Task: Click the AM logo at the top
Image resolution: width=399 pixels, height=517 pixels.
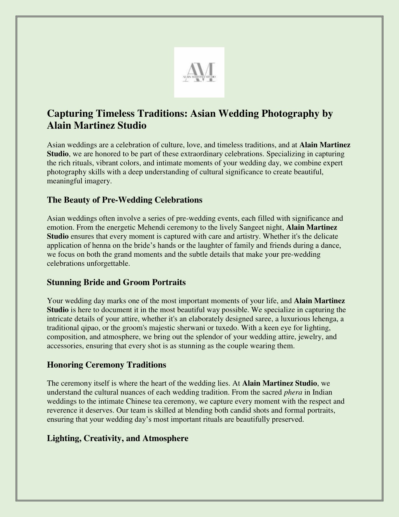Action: click(x=199, y=72)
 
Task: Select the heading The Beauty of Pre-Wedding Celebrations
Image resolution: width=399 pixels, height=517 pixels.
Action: click(x=125, y=200)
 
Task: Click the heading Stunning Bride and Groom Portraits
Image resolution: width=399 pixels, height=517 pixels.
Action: click(x=116, y=282)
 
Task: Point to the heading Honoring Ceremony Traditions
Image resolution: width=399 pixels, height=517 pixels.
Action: click(x=106, y=365)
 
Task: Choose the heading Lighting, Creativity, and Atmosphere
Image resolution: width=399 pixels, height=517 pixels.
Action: click(x=117, y=438)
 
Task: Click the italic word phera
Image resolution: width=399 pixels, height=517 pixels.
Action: click(x=293, y=392)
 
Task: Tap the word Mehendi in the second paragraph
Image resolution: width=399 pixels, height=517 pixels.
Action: click(x=161, y=227)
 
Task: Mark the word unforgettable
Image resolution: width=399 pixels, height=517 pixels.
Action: click(x=109, y=263)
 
